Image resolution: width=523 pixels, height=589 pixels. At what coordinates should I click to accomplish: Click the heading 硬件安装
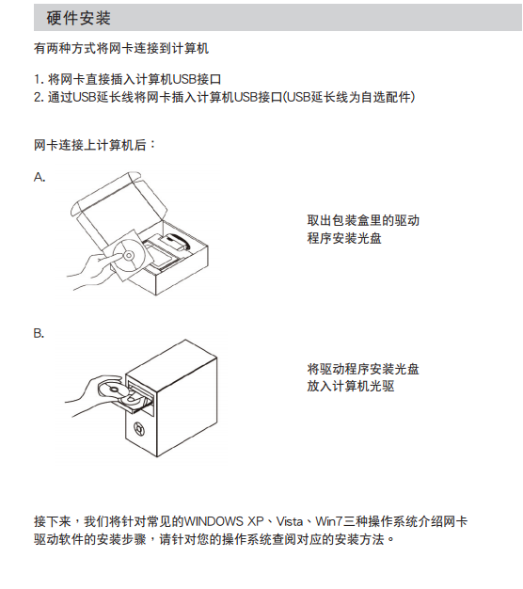click(x=78, y=18)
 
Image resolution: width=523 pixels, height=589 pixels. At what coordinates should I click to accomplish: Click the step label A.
click(x=40, y=177)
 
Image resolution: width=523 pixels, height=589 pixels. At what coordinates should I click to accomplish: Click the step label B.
click(x=40, y=333)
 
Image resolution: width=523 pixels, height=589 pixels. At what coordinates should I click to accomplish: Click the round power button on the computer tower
click(x=139, y=429)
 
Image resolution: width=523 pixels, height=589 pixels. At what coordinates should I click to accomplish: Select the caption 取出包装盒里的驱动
click(x=363, y=220)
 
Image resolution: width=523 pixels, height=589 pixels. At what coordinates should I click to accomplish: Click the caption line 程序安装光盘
click(x=344, y=238)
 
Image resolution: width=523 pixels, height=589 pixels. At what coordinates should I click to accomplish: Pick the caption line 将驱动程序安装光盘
click(x=363, y=369)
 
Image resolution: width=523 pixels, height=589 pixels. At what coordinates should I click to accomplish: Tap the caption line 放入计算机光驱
click(x=351, y=386)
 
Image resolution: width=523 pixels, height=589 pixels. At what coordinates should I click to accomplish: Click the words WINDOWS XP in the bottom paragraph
click(x=224, y=521)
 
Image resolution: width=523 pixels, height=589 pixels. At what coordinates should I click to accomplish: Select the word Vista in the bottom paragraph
click(x=290, y=521)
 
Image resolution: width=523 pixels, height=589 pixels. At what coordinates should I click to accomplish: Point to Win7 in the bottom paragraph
click(x=329, y=521)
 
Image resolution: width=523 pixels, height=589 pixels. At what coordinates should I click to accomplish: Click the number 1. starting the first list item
click(x=40, y=79)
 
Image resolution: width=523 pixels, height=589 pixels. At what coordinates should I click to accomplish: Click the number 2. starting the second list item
click(x=40, y=97)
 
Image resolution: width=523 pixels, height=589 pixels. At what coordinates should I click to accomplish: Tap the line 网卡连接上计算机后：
click(x=95, y=145)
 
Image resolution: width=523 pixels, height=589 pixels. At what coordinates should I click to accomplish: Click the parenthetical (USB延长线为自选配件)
click(x=349, y=97)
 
